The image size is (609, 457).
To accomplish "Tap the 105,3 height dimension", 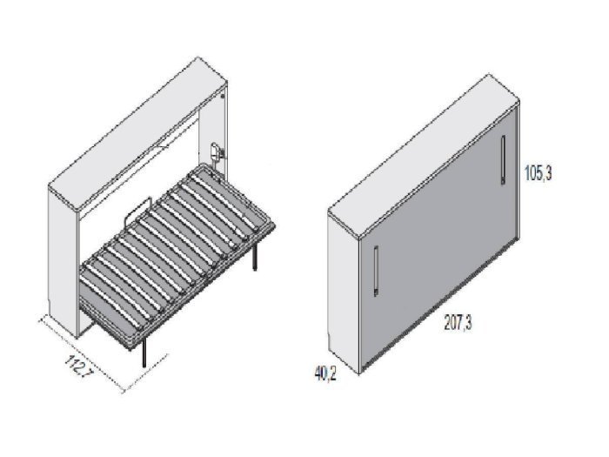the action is coord(538,173).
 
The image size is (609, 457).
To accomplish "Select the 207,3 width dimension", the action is coord(458,323).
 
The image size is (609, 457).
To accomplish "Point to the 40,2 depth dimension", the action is coord(325,373).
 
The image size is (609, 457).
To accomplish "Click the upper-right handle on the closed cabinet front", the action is coord(503,159).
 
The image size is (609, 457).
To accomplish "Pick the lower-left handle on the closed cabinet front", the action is coord(376,271).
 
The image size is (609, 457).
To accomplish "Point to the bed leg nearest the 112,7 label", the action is coord(145,353).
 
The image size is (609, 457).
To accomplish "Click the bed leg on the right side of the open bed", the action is coord(255,257).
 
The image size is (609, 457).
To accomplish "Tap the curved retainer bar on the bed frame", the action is coord(137,212).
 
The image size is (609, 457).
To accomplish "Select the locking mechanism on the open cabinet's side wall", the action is coord(217,154).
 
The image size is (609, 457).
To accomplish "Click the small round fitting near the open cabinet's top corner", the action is coord(222,97).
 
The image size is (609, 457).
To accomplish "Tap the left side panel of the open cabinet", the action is coord(63,260).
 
